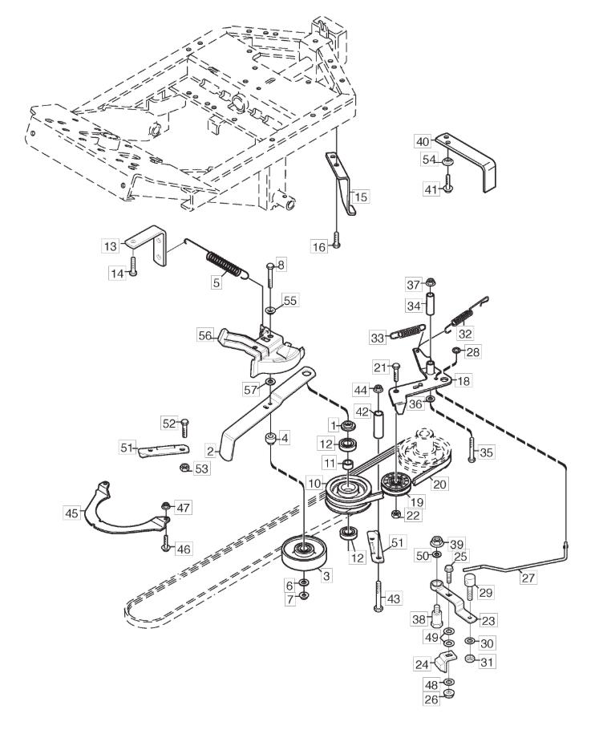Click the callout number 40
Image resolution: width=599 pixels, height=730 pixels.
tap(422, 141)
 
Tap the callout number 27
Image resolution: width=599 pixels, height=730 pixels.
tap(528, 578)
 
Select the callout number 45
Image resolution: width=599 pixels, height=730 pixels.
tap(72, 513)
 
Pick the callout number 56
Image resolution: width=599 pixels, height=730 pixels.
tap(205, 335)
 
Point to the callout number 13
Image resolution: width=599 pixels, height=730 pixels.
tap(111, 245)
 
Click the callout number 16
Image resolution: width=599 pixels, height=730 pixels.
tap(319, 246)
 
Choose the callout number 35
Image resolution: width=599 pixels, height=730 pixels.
tap(487, 452)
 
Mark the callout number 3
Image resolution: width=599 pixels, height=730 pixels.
tap(326, 576)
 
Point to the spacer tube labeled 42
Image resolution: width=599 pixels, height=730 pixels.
tap(378, 423)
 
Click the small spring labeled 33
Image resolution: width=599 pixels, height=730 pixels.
tap(407, 331)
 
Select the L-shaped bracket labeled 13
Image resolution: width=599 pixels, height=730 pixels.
tap(149, 245)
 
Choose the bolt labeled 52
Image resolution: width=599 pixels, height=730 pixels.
tap(184, 428)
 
